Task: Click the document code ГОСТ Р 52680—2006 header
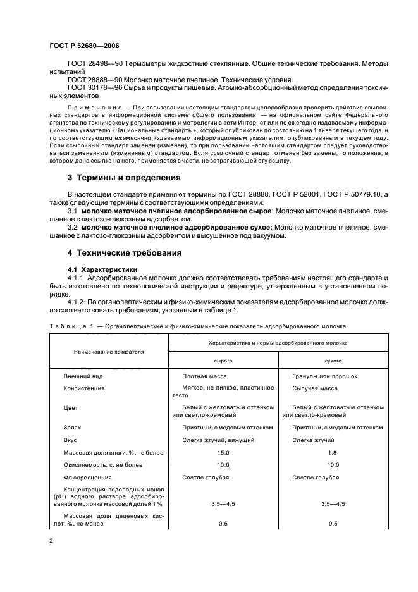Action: pyautogui.click(x=84, y=46)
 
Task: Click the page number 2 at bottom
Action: pyautogui.click(x=52, y=541)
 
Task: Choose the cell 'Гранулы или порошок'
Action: pyautogui.click(x=324, y=376)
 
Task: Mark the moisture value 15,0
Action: pyautogui.click(x=223, y=453)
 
